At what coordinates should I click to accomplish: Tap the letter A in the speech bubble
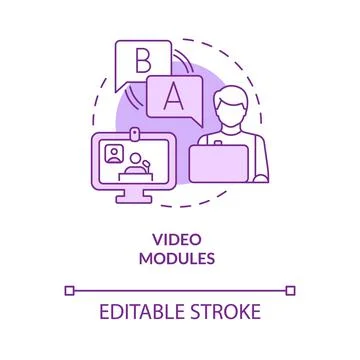[173, 97]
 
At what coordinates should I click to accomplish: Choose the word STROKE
[229, 312]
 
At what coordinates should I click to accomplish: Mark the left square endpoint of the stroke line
[68, 290]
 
